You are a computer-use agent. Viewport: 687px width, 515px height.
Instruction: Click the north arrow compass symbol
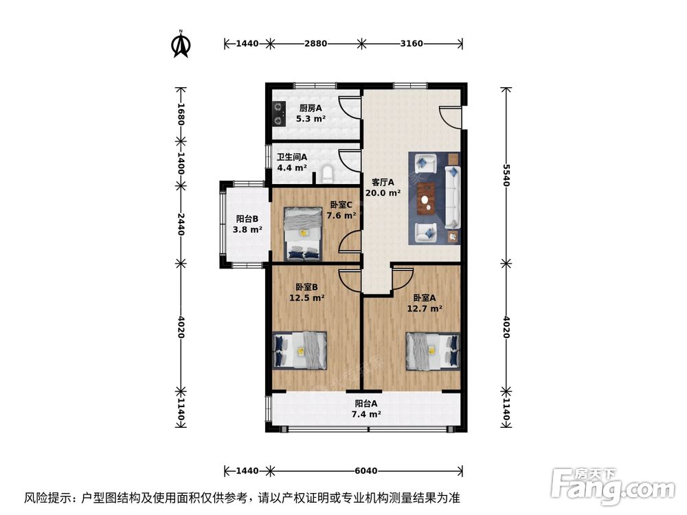(181, 43)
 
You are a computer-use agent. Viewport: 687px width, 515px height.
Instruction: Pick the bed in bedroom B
(301, 350)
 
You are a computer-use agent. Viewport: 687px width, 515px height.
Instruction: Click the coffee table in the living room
(427, 198)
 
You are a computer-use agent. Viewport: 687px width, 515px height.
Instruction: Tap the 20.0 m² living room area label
(383, 193)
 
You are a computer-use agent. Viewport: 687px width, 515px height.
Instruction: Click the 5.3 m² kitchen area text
(311, 118)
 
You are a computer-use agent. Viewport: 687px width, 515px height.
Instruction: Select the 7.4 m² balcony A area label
(366, 414)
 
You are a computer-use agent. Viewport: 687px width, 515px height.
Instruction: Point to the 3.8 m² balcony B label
(247, 229)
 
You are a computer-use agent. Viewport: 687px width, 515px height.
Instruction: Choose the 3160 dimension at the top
(411, 43)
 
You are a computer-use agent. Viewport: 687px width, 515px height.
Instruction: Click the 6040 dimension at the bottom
(367, 471)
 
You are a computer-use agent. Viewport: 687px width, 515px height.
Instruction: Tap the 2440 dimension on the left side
(181, 224)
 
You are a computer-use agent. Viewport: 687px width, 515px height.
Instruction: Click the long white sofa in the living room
(453, 198)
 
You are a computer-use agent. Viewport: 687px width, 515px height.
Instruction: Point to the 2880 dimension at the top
(316, 43)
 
